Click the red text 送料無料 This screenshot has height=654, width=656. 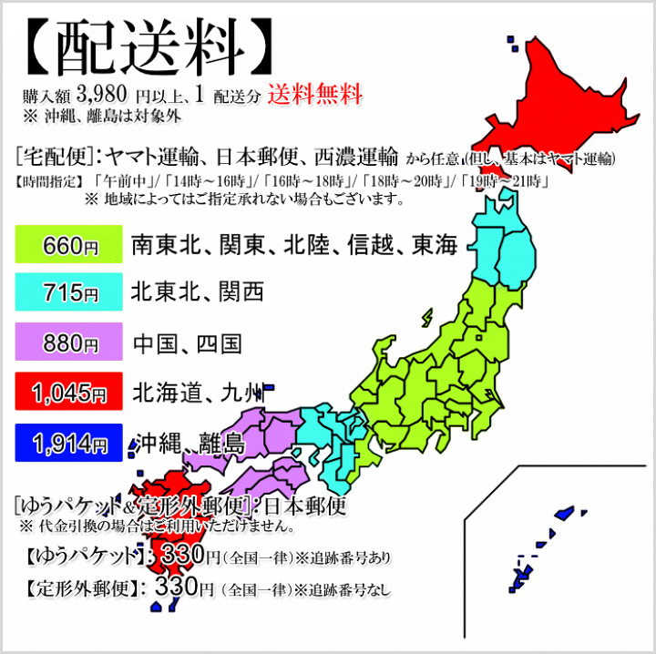coord(315,94)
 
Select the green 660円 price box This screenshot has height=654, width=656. coord(69,246)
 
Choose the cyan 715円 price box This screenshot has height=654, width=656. coord(69,293)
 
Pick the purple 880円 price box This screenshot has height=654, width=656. coord(69,343)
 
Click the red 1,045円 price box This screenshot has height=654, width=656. coord(69,393)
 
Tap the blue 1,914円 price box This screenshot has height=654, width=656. coord(69,444)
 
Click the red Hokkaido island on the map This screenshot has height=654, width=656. coord(565,100)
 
